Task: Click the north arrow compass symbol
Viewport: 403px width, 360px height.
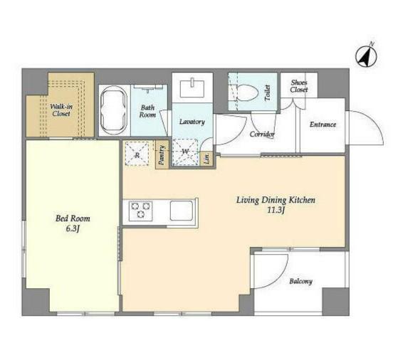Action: pos(366,55)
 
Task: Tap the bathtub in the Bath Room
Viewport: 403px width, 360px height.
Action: pos(114,110)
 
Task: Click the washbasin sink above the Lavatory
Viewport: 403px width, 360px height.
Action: pos(192,88)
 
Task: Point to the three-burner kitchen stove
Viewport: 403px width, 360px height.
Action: pos(140,211)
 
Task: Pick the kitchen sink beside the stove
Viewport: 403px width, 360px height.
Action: pos(182,211)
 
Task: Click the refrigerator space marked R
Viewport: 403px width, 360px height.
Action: pos(137,154)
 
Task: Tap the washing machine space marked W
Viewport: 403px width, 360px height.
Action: pos(185,152)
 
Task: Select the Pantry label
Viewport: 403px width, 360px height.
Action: pos(162,155)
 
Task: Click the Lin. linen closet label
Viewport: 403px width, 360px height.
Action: pos(207,159)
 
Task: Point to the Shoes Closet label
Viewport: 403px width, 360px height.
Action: pos(299,86)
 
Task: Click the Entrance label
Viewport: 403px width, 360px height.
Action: pos(323,125)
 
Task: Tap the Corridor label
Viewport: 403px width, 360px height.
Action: pos(262,134)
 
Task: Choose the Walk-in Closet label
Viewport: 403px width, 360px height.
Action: pos(61,110)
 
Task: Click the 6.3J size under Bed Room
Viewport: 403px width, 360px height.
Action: pos(72,229)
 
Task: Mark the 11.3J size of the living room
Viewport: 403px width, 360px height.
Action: pos(276,211)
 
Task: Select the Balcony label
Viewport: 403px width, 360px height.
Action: pos(301,281)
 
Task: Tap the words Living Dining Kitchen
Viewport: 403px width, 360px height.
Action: pos(276,200)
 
